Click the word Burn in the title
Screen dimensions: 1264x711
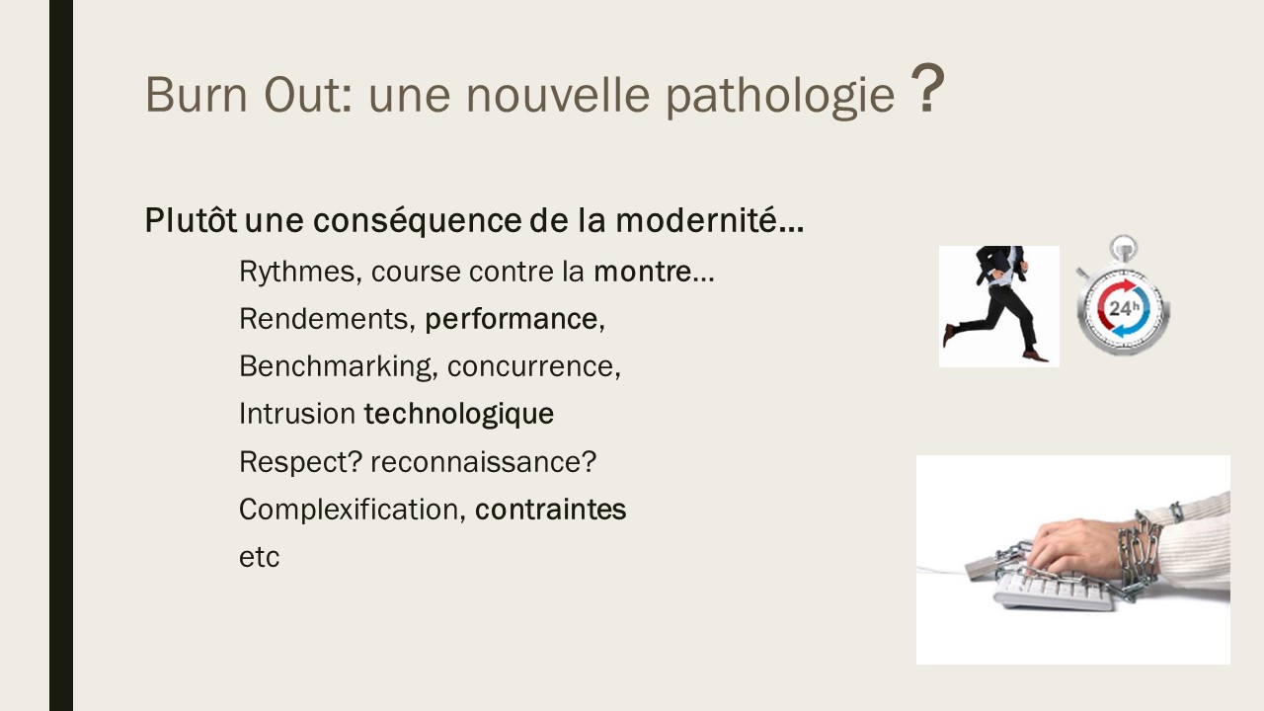click(x=197, y=94)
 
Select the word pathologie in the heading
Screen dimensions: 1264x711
click(x=780, y=97)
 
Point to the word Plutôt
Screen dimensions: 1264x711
click(x=191, y=219)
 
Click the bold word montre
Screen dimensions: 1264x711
click(x=643, y=272)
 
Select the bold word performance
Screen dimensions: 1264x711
click(x=512, y=320)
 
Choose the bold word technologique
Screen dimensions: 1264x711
click(x=459, y=414)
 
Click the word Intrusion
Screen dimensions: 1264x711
click(x=297, y=414)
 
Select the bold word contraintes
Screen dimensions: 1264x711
click(x=550, y=510)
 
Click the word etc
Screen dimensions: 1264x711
click(x=259, y=558)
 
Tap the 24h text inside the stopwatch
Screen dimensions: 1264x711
click(x=1124, y=307)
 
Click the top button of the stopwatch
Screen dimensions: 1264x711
click(x=1123, y=247)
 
